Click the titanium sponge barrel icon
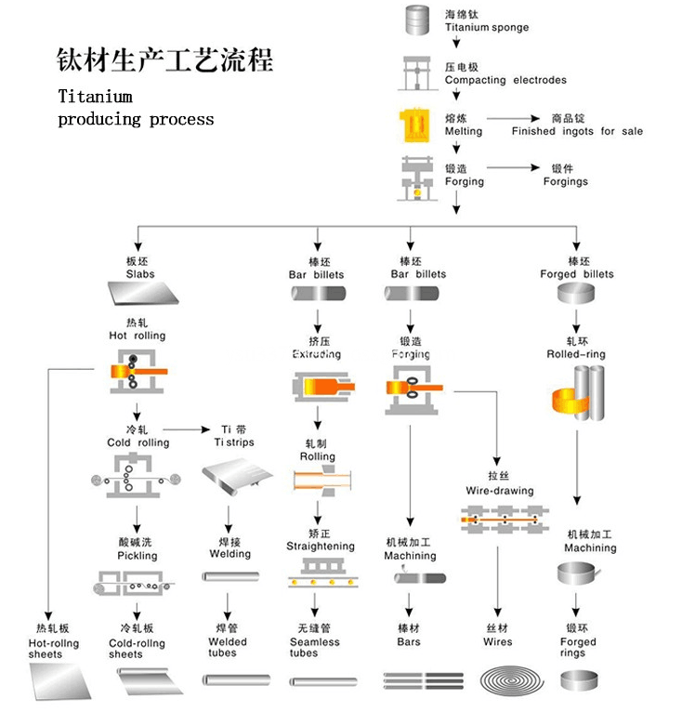coord(417,20)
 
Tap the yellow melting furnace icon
coord(414,125)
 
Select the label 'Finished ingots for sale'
coord(577,131)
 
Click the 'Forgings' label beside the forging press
coord(565,181)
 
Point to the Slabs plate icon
coord(143,293)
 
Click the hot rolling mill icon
coord(138,372)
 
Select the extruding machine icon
coord(323,388)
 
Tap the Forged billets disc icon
coord(576,293)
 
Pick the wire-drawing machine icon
coord(505,519)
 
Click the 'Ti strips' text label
coord(234,442)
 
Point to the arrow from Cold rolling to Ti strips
coord(186,429)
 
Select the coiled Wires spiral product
coord(512,680)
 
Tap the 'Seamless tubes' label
coord(315,648)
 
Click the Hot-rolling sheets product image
coord(60,680)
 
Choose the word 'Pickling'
coord(138,556)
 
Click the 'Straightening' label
coord(321,547)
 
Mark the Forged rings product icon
coord(580,680)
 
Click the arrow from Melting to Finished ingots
coord(513,119)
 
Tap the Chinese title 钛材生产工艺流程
coord(164,59)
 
